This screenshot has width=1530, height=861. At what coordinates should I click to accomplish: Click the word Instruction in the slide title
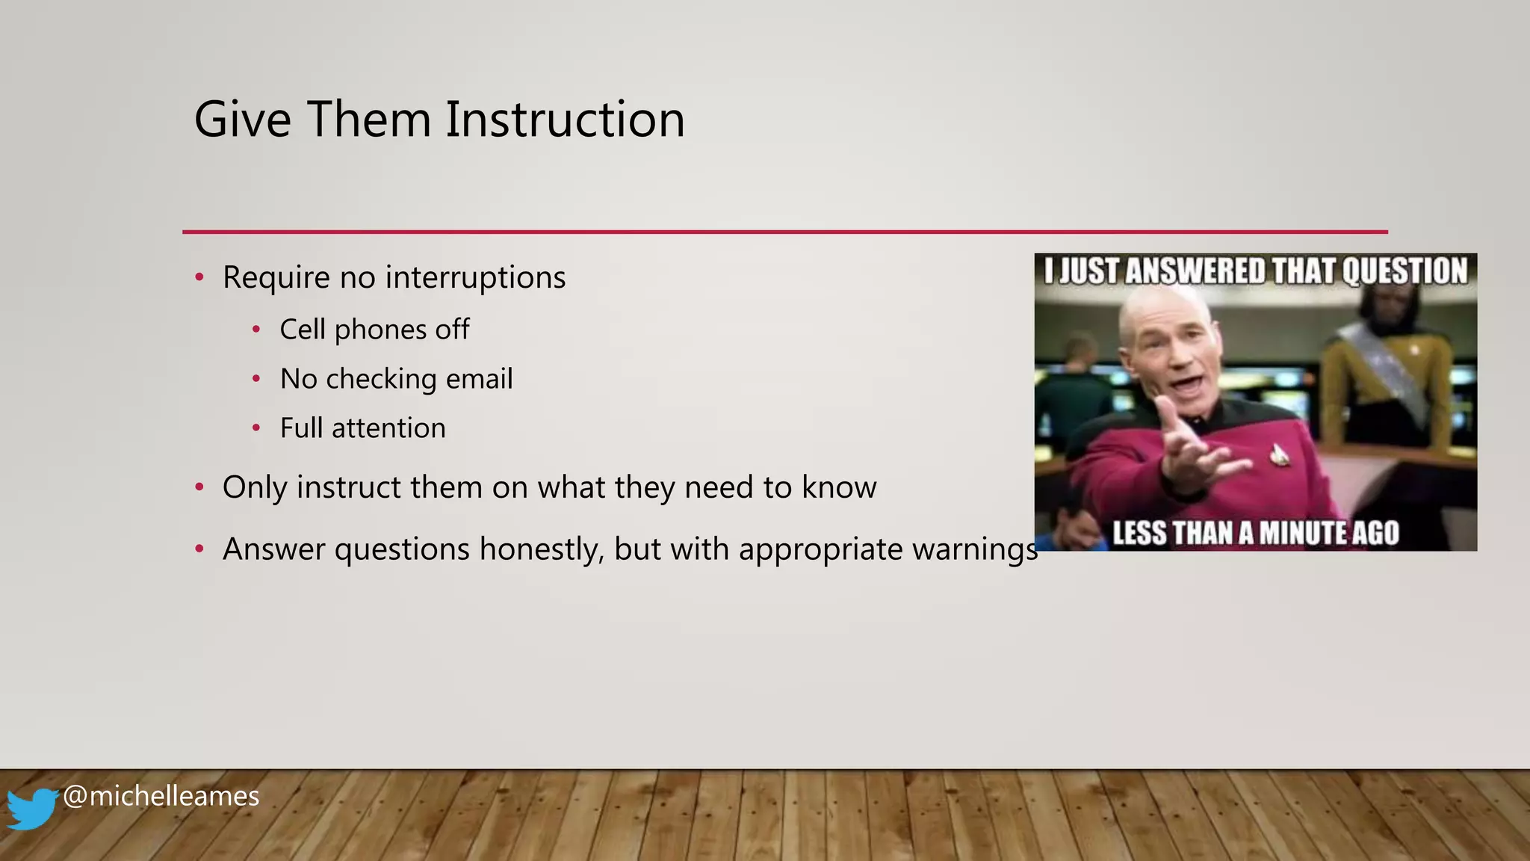coord(565,120)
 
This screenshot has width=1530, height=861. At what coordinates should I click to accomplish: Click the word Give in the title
coord(242,120)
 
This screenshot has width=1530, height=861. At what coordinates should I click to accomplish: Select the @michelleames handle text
coord(161,796)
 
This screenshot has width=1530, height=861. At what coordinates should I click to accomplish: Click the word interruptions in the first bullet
coord(475,278)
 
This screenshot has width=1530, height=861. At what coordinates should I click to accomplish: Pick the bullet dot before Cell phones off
coord(256,330)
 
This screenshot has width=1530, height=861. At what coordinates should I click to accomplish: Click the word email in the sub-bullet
coord(479,379)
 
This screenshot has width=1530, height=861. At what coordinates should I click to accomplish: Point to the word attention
coord(388,428)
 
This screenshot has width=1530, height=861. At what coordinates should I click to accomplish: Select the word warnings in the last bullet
coord(974,549)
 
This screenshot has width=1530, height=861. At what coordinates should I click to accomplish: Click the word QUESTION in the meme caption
coord(1404,271)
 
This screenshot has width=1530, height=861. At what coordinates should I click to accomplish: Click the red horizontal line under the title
coord(784,232)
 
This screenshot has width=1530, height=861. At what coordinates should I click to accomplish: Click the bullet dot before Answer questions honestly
coord(199,549)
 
